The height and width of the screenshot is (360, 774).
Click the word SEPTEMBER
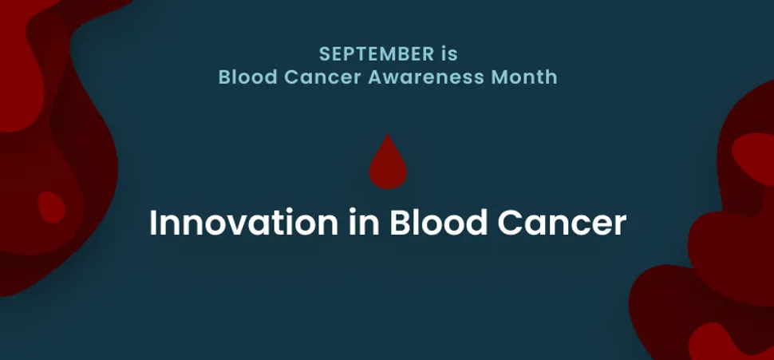(x=376, y=53)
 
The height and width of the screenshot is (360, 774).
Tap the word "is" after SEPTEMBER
(x=449, y=53)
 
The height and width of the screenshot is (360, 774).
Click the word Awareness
(x=426, y=77)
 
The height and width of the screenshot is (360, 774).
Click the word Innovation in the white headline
(x=243, y=222)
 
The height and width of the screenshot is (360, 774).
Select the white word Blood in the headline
(x=438, y=222)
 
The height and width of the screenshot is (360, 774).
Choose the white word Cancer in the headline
(x=562, y=223)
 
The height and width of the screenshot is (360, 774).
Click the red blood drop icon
(x=388, y=162)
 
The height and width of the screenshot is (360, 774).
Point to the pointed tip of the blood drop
(x=388, y=134)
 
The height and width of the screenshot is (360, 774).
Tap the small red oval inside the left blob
(x=52, y=207)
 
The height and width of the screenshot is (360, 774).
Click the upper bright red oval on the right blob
(x=754, y=157)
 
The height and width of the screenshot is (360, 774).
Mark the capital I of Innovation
(x=153, y=222)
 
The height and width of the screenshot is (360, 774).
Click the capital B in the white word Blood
(x=399, y=222)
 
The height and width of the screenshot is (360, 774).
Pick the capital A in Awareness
(x=377, y=77)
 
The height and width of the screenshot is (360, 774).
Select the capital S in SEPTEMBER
(x=324, y=53)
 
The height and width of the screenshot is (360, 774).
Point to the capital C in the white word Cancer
(x=510, y=223)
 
